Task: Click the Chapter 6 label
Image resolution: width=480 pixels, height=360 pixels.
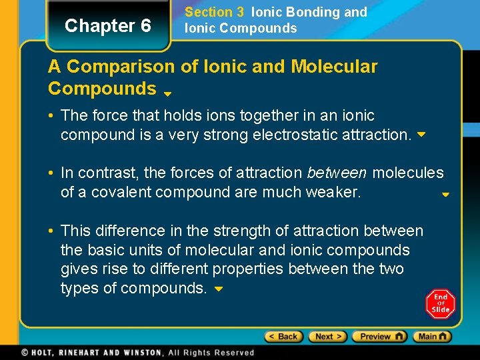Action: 108,26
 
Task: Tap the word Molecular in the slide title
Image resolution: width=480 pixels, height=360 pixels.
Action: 334,67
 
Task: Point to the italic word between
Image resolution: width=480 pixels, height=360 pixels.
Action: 337,173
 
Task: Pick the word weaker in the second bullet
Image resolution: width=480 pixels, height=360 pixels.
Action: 331,193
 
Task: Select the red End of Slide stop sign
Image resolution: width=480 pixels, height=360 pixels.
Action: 440,304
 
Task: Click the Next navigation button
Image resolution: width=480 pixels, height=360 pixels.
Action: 328,337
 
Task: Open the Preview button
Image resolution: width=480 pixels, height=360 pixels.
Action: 380,337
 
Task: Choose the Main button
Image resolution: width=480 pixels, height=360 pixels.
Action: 432,337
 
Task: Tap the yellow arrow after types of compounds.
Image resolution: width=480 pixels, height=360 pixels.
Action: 218,289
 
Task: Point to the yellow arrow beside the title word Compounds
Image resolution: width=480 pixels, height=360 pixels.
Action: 168,94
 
